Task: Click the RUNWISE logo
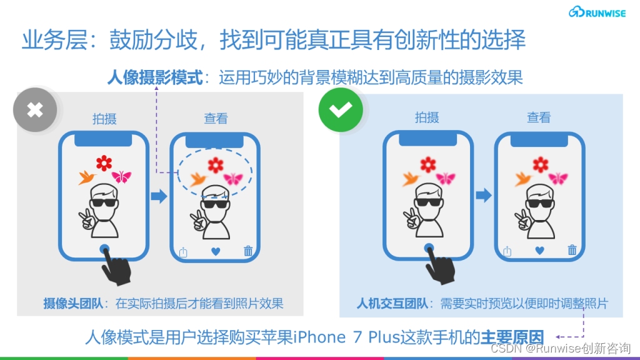point(597,12)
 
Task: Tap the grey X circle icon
point(35,110)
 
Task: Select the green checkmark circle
point(341,110)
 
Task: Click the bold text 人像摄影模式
point(155,77)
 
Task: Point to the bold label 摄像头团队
point(73,304)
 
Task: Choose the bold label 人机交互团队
point(392,304)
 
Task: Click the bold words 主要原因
point(512,337)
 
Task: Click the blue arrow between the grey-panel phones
point(159,196)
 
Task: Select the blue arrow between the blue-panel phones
point(484,195)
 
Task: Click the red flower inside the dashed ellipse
point(216,165)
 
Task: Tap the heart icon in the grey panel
point(216,251)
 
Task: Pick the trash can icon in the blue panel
point(572,250)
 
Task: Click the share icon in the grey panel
point(183,252)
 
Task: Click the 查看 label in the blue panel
point(539,117)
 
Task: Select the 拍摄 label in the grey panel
point(104,119)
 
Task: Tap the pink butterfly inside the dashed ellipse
point(233,178)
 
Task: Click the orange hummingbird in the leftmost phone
point(87,177)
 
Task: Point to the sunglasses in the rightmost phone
point(540,203)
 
